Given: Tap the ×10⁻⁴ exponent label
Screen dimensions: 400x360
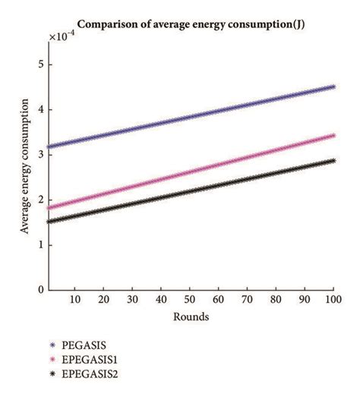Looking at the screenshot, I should click(64, 36).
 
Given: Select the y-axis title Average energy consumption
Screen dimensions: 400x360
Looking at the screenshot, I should click(26, 167).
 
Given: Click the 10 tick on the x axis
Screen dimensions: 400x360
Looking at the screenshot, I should click(75, 301).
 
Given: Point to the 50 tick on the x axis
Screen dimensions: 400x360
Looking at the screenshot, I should click(191, 301).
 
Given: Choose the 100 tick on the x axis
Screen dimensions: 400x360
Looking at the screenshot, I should click(333, 301).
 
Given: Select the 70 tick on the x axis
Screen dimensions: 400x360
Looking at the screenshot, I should click(248, 301).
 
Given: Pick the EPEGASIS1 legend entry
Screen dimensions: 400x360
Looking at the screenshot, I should click(94, 359).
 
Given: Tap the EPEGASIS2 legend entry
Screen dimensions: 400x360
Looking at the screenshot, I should click(94, 374).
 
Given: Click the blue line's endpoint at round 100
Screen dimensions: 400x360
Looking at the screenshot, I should click(334, 87).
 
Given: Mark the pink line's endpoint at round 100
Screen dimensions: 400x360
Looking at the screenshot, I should click(334, 136).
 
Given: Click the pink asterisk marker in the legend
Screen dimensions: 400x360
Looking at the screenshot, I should click(52, 359).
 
